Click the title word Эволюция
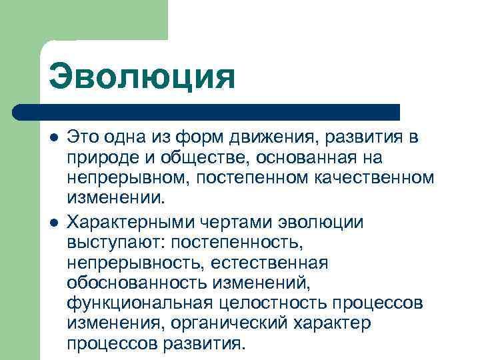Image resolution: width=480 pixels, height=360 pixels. (x=141, y=76)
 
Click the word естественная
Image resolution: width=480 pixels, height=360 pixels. (x=271, y=263)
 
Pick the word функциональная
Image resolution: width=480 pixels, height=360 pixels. (x=137, y=304)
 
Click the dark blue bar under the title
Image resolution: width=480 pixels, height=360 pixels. (x=213, y=111)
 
